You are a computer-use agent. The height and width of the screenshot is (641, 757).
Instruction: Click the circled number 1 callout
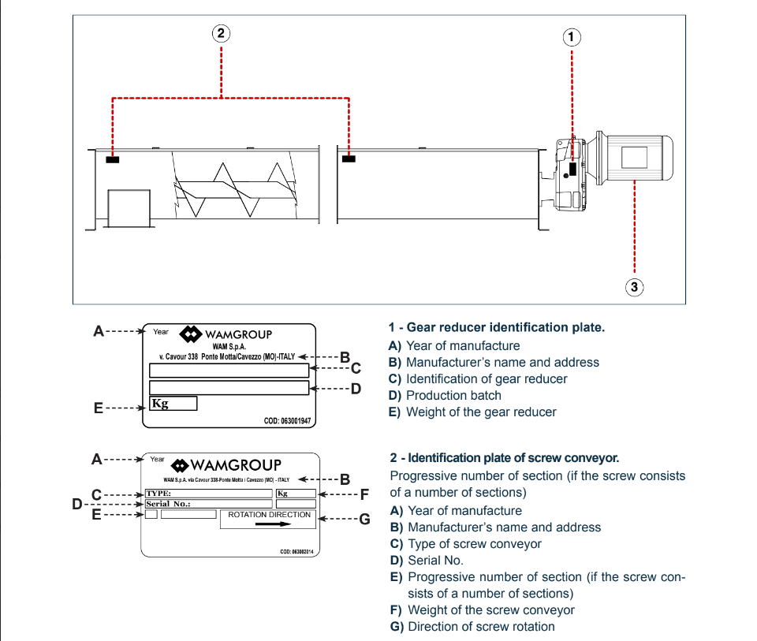click(x=572, y=37)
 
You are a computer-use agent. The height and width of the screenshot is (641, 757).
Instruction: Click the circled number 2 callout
click(x=222, y=33)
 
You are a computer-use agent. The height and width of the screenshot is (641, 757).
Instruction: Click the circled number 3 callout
click(x=635, y=287)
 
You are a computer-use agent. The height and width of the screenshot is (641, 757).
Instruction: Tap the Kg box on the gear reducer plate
click(x=173, y=404)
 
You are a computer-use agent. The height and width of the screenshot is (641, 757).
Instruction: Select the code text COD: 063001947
click(x=288, y=421)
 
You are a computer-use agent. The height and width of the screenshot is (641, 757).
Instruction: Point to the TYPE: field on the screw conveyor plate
click(x=208, y=494)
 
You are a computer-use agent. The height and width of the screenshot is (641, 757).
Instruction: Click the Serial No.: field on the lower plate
click(x=208, y=504)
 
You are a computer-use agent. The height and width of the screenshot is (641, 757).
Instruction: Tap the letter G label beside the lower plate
click(x=364, y=519)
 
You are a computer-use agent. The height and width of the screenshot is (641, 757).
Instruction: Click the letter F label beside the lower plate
click(x=364, y=495)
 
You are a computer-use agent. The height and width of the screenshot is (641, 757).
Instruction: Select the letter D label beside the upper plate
click(x=355, y=388)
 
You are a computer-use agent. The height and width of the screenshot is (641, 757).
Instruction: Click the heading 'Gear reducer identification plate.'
click(x=497, y=327)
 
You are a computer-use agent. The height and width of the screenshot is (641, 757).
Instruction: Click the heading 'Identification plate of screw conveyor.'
click(x=505, y=458)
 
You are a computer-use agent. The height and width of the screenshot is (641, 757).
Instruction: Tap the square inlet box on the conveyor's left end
click(x=128, y=209)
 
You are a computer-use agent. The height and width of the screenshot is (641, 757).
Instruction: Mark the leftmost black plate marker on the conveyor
click(x=112, y=159)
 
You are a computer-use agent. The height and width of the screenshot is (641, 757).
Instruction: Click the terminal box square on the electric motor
click(x=633, y=157)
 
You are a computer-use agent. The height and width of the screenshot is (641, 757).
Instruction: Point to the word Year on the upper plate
click(x=161, y=332)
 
